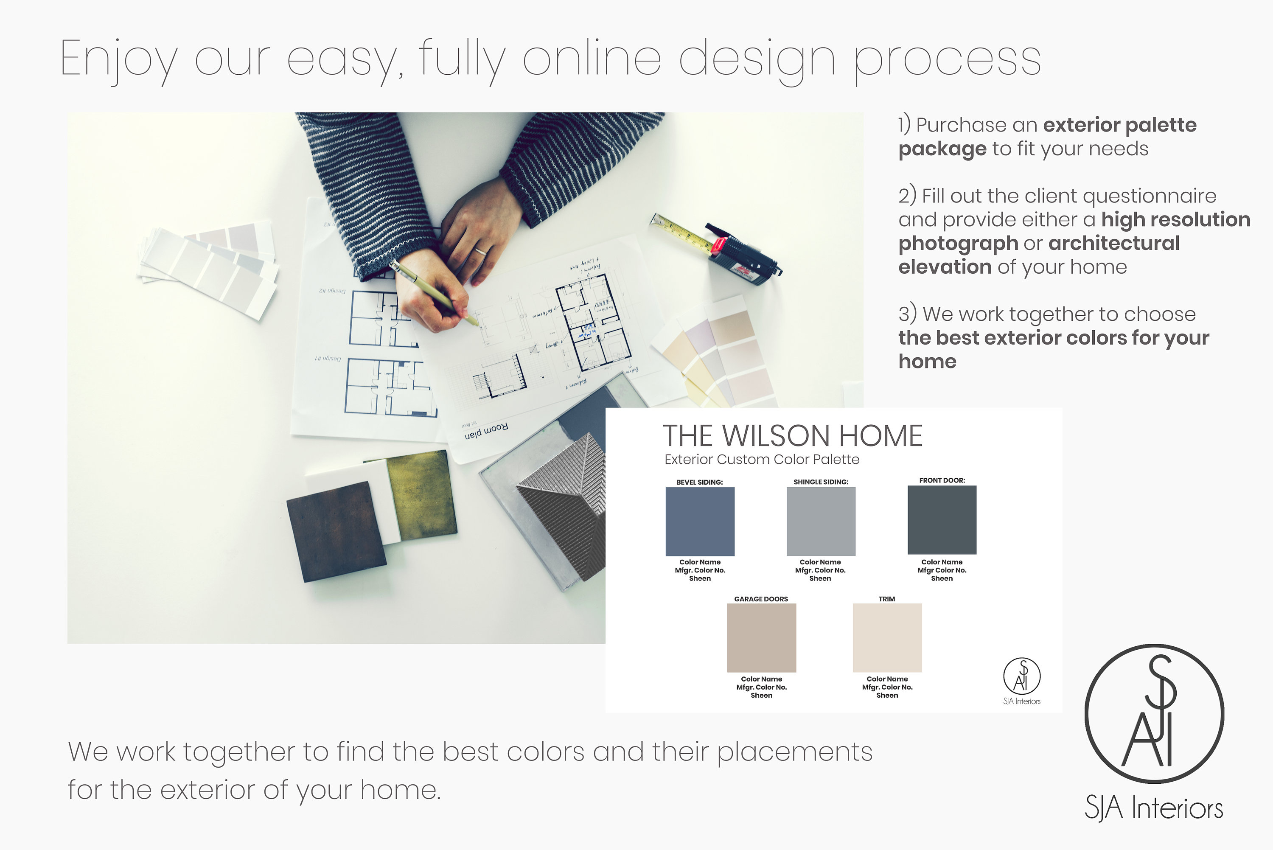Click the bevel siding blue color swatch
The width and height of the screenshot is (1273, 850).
point(700,521)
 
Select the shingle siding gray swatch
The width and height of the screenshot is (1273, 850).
point(821,521)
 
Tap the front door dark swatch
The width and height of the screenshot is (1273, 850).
point(942,520)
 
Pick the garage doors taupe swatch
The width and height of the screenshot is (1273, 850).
point(761,637)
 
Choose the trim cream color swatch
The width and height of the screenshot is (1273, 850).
point(887,637)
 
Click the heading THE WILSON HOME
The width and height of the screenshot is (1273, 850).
point(792,436)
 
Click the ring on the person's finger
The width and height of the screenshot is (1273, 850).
point(481,251)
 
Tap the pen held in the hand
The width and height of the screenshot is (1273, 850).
point(434,293)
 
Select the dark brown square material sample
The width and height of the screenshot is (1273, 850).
point(336,531)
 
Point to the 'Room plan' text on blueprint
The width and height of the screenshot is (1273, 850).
point(486,432)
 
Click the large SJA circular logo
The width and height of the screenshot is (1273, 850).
point(1154,713)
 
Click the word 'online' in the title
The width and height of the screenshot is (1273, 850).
point(592,59)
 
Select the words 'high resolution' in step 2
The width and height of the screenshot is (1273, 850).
point(1175,219)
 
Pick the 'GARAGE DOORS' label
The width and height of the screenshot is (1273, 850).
point(761,599)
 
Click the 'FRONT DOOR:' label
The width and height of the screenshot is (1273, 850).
point(942,480)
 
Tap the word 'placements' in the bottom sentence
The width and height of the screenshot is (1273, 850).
point(794,752)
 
